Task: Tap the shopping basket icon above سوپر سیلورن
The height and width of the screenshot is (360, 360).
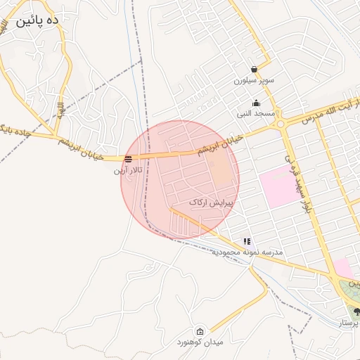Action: coord(253,69)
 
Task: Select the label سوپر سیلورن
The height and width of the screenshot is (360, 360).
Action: coord(252,81)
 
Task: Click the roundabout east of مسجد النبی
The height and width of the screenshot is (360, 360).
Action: coord(281,123)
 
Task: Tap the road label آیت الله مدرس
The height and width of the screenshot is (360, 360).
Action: coord(330,112)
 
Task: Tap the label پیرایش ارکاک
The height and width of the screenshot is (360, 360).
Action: coord(211,202)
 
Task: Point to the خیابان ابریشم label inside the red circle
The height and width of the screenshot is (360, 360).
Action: coord(213,148)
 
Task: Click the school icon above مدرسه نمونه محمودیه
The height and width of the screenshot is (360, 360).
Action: coord(247,241)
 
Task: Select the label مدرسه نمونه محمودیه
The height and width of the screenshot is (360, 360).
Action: coord(248,252)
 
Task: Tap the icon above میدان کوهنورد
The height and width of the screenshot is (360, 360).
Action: coord(200,332)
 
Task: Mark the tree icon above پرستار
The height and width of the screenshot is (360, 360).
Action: coord(356,311)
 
